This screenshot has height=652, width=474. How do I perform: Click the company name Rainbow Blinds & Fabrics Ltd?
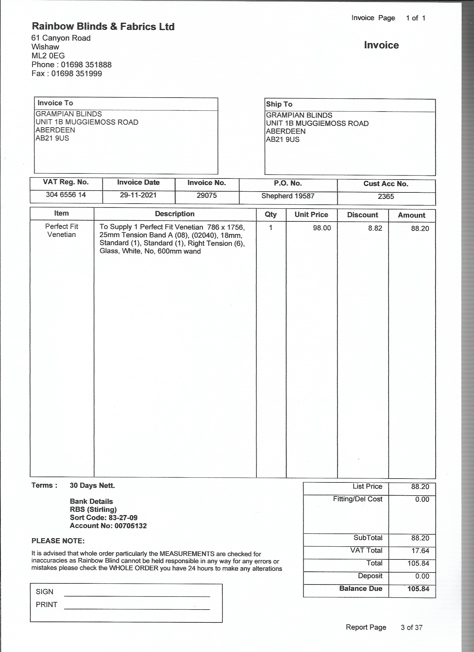[x=103, y=26]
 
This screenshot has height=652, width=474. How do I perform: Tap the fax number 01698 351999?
[x=76, y=74]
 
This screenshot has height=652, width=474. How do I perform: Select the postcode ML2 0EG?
[x=48, y=56]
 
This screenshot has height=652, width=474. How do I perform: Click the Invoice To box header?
[x=55, y=103]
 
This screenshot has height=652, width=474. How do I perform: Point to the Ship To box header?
[x=279, y=104]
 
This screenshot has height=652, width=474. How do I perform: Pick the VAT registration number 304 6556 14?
[x=66, y=195]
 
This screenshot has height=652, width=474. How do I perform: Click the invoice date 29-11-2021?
[x=138, y=195]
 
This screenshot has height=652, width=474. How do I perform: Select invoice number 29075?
[x=206, y=195]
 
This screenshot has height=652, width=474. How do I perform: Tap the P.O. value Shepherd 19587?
[x=288, y=196]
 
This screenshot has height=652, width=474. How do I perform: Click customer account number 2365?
[x=386, y=196]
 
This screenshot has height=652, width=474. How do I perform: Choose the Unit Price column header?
[x=311, y=214]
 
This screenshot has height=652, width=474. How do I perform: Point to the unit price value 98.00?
[x=322, y=228]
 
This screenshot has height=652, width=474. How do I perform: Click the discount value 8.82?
[x=375, y=228]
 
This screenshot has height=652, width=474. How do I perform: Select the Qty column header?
[x=270, y=214]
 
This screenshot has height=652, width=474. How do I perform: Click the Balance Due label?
[x=361, y=588]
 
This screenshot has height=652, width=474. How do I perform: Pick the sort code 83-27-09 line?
[x=103, y=518]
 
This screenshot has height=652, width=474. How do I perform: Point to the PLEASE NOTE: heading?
[x=58, y=541]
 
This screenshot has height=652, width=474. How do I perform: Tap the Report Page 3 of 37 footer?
[x=384, y=627]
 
